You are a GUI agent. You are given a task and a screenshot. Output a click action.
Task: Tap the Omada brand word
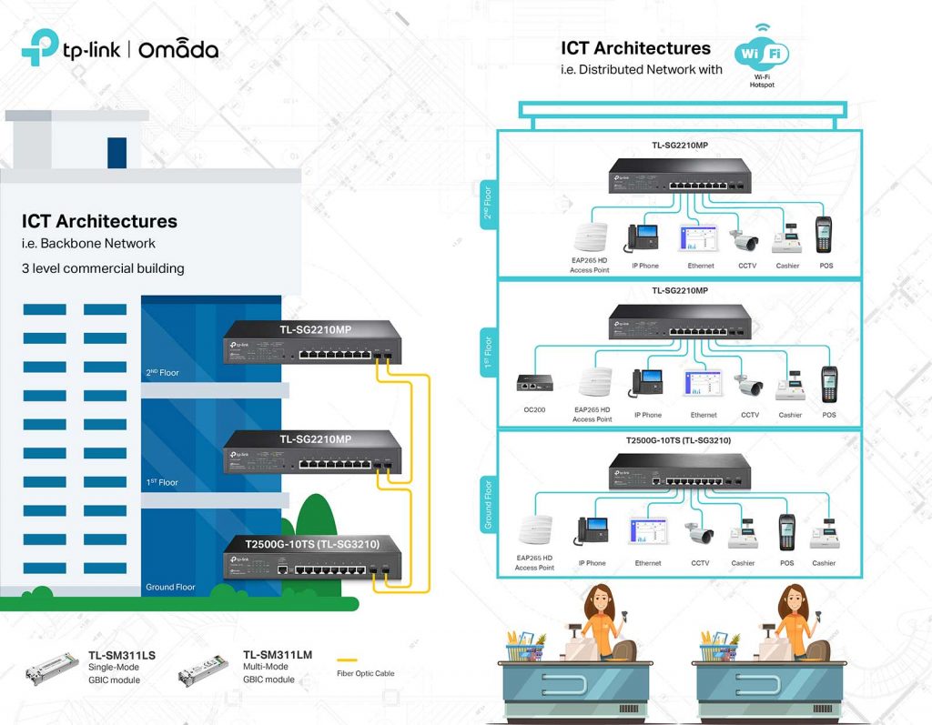[178, 49]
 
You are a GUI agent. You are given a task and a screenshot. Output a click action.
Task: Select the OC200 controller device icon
[530, 382]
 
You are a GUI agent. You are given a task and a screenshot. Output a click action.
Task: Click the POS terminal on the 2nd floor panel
[824, 235]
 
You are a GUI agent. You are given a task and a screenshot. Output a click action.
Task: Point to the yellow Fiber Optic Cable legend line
[347, 660]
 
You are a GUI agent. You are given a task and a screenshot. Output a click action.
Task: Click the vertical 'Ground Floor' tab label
[488, 504]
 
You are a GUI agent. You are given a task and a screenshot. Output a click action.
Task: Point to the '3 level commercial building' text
[103, 268]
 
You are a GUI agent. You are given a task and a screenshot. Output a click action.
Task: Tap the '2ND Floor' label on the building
[161, 373]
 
